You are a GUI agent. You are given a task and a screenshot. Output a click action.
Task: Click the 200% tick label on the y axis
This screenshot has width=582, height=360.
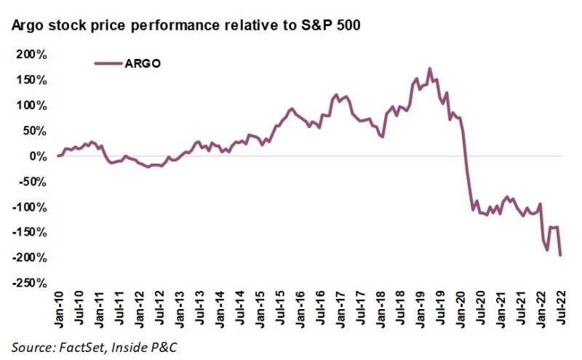pyautogui.click(x=31, y=55)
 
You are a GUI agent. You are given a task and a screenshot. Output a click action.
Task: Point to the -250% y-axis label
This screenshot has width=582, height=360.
pyautogui.click(x=29, y=283)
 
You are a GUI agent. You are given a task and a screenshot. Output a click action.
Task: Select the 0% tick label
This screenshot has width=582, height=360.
pyautogui.click(x=37, y=156)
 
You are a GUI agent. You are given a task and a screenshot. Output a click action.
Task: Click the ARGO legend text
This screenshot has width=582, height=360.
pyautogui.click(x=143, y=63)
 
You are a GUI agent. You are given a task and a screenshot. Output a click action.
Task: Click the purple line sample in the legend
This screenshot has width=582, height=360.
pyautogui.click(x=108, y=63)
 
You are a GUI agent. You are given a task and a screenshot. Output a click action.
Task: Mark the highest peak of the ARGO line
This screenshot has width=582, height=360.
pyautogui.click(x=430, y=69)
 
